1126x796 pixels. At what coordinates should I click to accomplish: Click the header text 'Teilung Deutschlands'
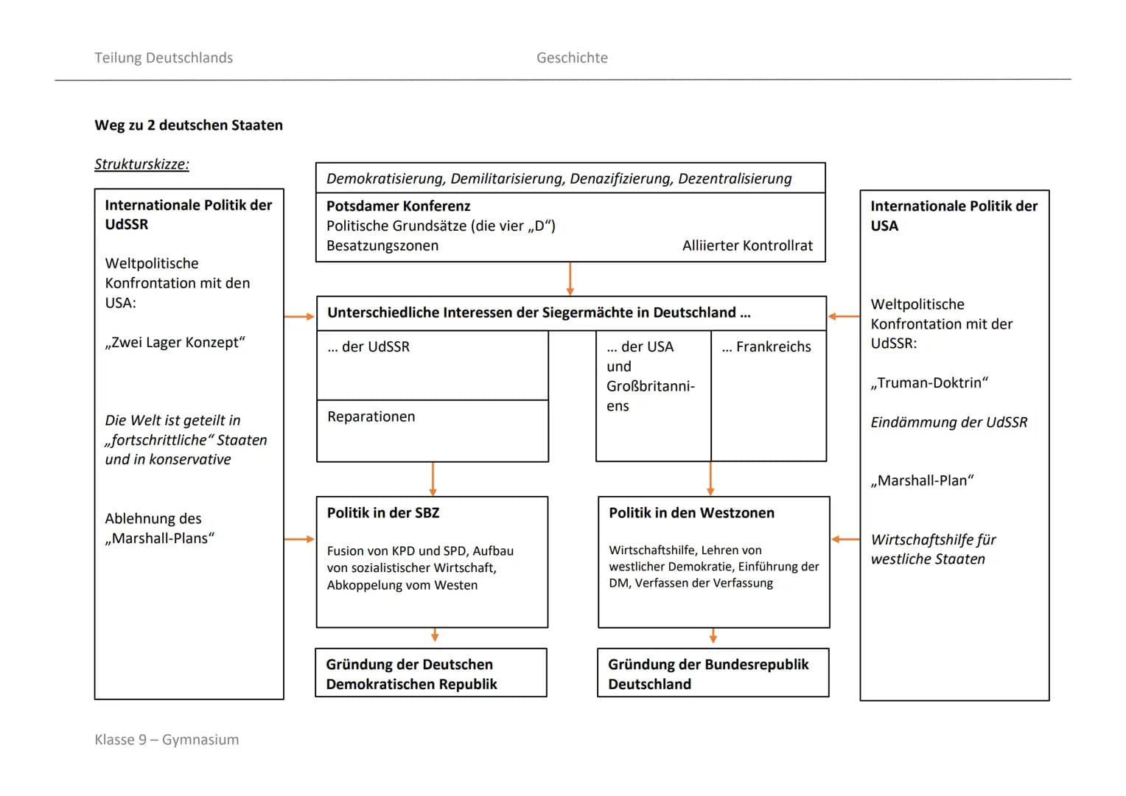tap(164, 57)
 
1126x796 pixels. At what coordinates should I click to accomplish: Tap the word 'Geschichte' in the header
tap(572, 57)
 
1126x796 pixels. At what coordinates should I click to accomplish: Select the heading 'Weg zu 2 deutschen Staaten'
tap(189, 125)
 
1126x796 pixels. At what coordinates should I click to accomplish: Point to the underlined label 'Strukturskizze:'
tap(141, 164)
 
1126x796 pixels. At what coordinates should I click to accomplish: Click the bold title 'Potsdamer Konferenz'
tap(398, 206)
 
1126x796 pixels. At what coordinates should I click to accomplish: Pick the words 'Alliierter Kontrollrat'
tap(747, 246)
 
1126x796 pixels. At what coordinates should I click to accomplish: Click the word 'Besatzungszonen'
tap(382, 246)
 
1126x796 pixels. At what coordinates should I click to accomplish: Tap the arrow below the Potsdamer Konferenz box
tap(570, 279)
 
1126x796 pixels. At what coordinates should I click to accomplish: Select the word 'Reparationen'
tap(371, 417)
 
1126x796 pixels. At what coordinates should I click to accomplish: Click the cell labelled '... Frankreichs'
tap(766, 347)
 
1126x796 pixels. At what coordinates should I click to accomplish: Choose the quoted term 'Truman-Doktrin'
tap(929, 383)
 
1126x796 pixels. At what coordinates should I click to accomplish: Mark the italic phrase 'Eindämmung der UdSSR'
tap(948, 422)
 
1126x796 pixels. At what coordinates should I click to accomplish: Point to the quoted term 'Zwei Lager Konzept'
tap(175, 343)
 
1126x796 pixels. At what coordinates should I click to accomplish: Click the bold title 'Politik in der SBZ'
tap(383, 513)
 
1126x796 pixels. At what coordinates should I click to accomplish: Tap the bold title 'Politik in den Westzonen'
tap(691, 513)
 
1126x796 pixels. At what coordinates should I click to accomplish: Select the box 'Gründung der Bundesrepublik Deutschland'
tap(713, 674)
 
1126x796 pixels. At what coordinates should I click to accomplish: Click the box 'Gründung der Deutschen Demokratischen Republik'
tap(431, 674)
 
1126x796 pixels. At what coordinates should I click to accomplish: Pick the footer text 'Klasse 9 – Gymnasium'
tap(167, 739)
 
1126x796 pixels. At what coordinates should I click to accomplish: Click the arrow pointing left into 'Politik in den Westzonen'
tap(845, 540)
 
